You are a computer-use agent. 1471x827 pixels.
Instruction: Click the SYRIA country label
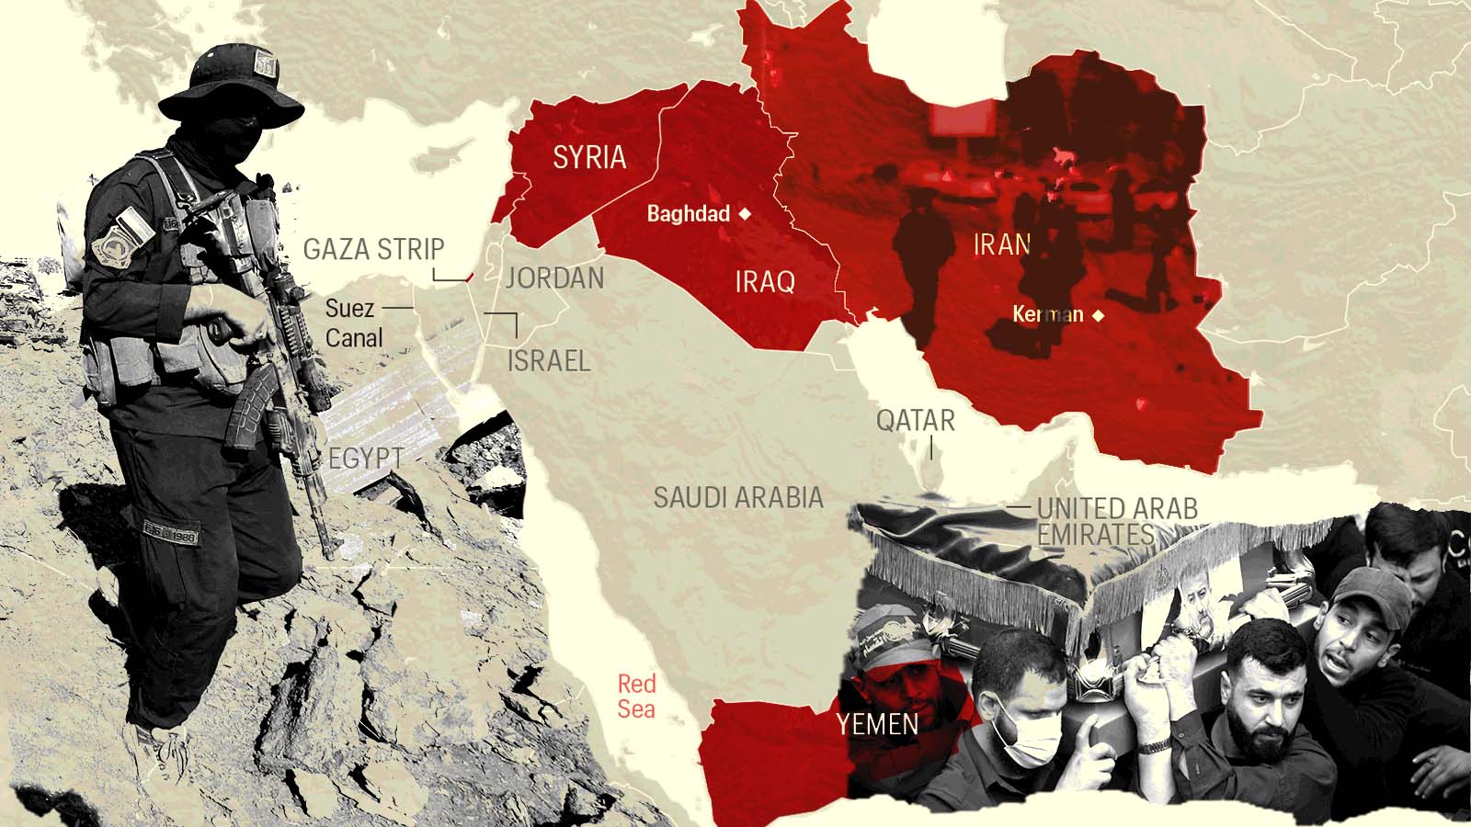coord(589,158)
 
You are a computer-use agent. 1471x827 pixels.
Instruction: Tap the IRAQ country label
coord(765,281)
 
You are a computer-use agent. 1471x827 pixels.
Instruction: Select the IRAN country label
coord(1002,244)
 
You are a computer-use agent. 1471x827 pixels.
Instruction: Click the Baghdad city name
coord(689,214)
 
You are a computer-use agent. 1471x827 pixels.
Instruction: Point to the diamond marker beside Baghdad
coord(746,214)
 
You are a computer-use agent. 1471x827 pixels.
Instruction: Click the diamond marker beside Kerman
coord(1097,315)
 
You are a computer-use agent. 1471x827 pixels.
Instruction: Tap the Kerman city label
coord(1048,315)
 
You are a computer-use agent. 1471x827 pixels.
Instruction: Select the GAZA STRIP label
coord(373,249)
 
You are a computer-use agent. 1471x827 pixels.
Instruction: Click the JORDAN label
coord(555,278)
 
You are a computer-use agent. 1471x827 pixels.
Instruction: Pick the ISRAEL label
coord(549,360)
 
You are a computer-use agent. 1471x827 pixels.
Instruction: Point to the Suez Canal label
coord(353,323)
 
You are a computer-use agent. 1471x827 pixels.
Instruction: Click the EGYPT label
coord(366,458)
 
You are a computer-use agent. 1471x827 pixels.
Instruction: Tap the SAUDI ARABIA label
coord(738,497)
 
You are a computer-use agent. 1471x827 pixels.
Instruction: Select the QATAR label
coord(915,421)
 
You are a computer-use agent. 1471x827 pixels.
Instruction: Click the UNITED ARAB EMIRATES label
coord(1116,521)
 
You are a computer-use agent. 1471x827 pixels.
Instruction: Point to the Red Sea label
coord(636,696)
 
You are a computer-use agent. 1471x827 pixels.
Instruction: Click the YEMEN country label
coord(877,724)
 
